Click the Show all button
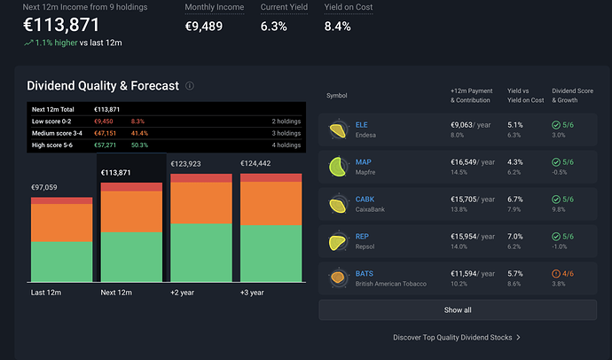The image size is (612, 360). [x=458, y=310]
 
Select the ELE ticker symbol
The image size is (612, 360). [x=361, y=125]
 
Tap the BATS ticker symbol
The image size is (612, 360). [x=365, y=274]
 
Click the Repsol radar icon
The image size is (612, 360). [x=338, y=242]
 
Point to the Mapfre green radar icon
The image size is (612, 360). [x=338, y=168]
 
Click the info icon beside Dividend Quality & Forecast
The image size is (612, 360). [x=190, y=86]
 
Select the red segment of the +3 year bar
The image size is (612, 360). [x=271, y=178]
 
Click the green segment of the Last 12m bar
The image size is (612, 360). [x=62, y=262]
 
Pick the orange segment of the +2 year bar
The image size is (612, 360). [x=201, y=203]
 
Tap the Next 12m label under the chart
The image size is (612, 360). [x=116, y=293]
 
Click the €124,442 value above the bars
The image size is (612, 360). [x=255, y=163]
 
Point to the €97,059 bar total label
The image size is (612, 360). [x=44, y=188]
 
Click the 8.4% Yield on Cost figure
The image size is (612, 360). [x=338, y=27]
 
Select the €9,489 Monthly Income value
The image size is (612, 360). [x=204, y=27]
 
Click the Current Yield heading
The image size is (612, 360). [x=284, y=7]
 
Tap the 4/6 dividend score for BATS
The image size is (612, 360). [x=568, y=274]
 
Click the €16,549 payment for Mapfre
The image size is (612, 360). [x=464, y=162]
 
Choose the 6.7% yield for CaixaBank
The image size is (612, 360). [x=515, y=200]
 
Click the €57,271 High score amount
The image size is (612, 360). [x=105, y=145]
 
